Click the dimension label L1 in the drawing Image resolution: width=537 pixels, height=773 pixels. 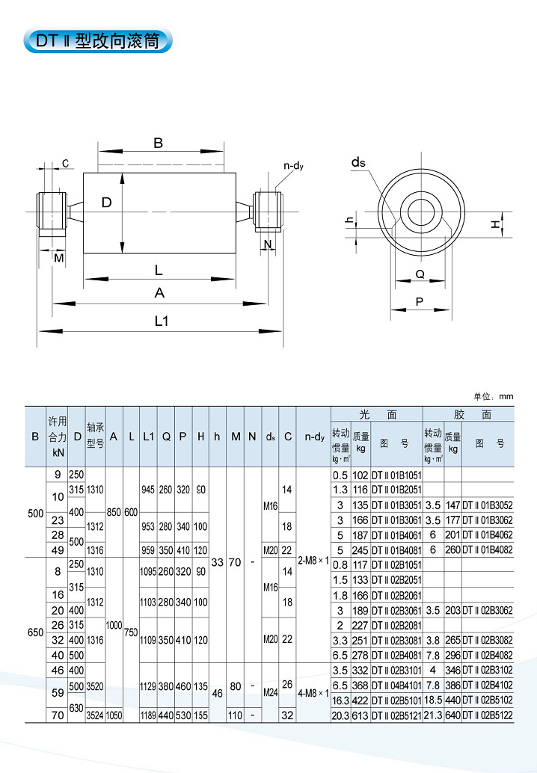(x=160, y=321)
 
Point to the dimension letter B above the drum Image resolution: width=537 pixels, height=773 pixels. (x=158, y=144)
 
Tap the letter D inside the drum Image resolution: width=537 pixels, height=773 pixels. (x=107, y=203)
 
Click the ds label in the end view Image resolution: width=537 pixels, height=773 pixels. (x=358, y=161)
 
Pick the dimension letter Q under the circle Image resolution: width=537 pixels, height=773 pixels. (x=420, y=274)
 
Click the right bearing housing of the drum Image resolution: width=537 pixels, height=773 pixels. (x=268, y=212)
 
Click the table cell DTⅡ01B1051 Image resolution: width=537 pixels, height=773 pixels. (x=396, y=475)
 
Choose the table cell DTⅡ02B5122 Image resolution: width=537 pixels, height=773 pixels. (x=488, y=715)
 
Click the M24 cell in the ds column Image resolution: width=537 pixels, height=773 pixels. (x=269, y=692)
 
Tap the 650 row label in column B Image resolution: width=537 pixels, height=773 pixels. (x=35, y=632)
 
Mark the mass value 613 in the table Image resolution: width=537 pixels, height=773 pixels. (x=361, y=715)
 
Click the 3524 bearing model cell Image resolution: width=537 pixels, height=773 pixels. (x=95, y=715)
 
